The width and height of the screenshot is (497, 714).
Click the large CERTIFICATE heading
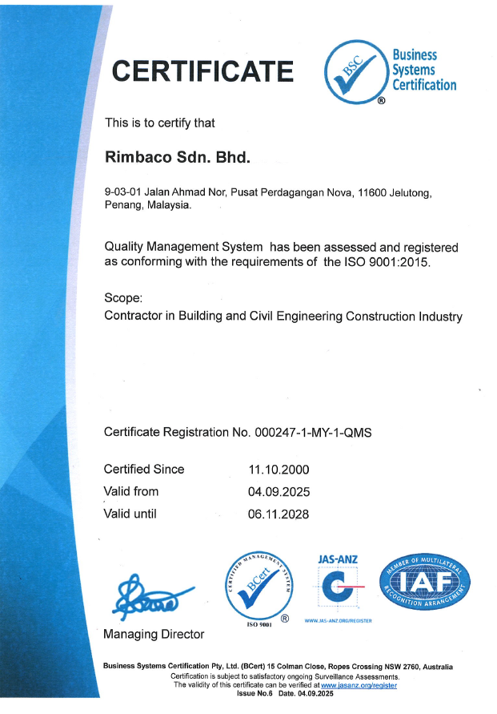coord(202,71)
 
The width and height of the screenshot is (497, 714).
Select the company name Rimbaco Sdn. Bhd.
coord(178,157)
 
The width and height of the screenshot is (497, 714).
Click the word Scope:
coord(123,298)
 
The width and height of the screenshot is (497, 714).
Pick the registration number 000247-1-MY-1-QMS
coord(313,432)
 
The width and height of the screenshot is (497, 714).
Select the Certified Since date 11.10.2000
coord(279,470)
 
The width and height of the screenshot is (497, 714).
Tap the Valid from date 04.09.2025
coord(279,492)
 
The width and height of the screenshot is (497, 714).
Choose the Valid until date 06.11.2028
coord(279,514)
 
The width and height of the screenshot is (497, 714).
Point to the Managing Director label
coord(154,634)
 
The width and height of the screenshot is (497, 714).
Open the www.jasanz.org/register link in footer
coord(359,685)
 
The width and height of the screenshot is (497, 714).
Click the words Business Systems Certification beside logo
coord(423,70)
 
